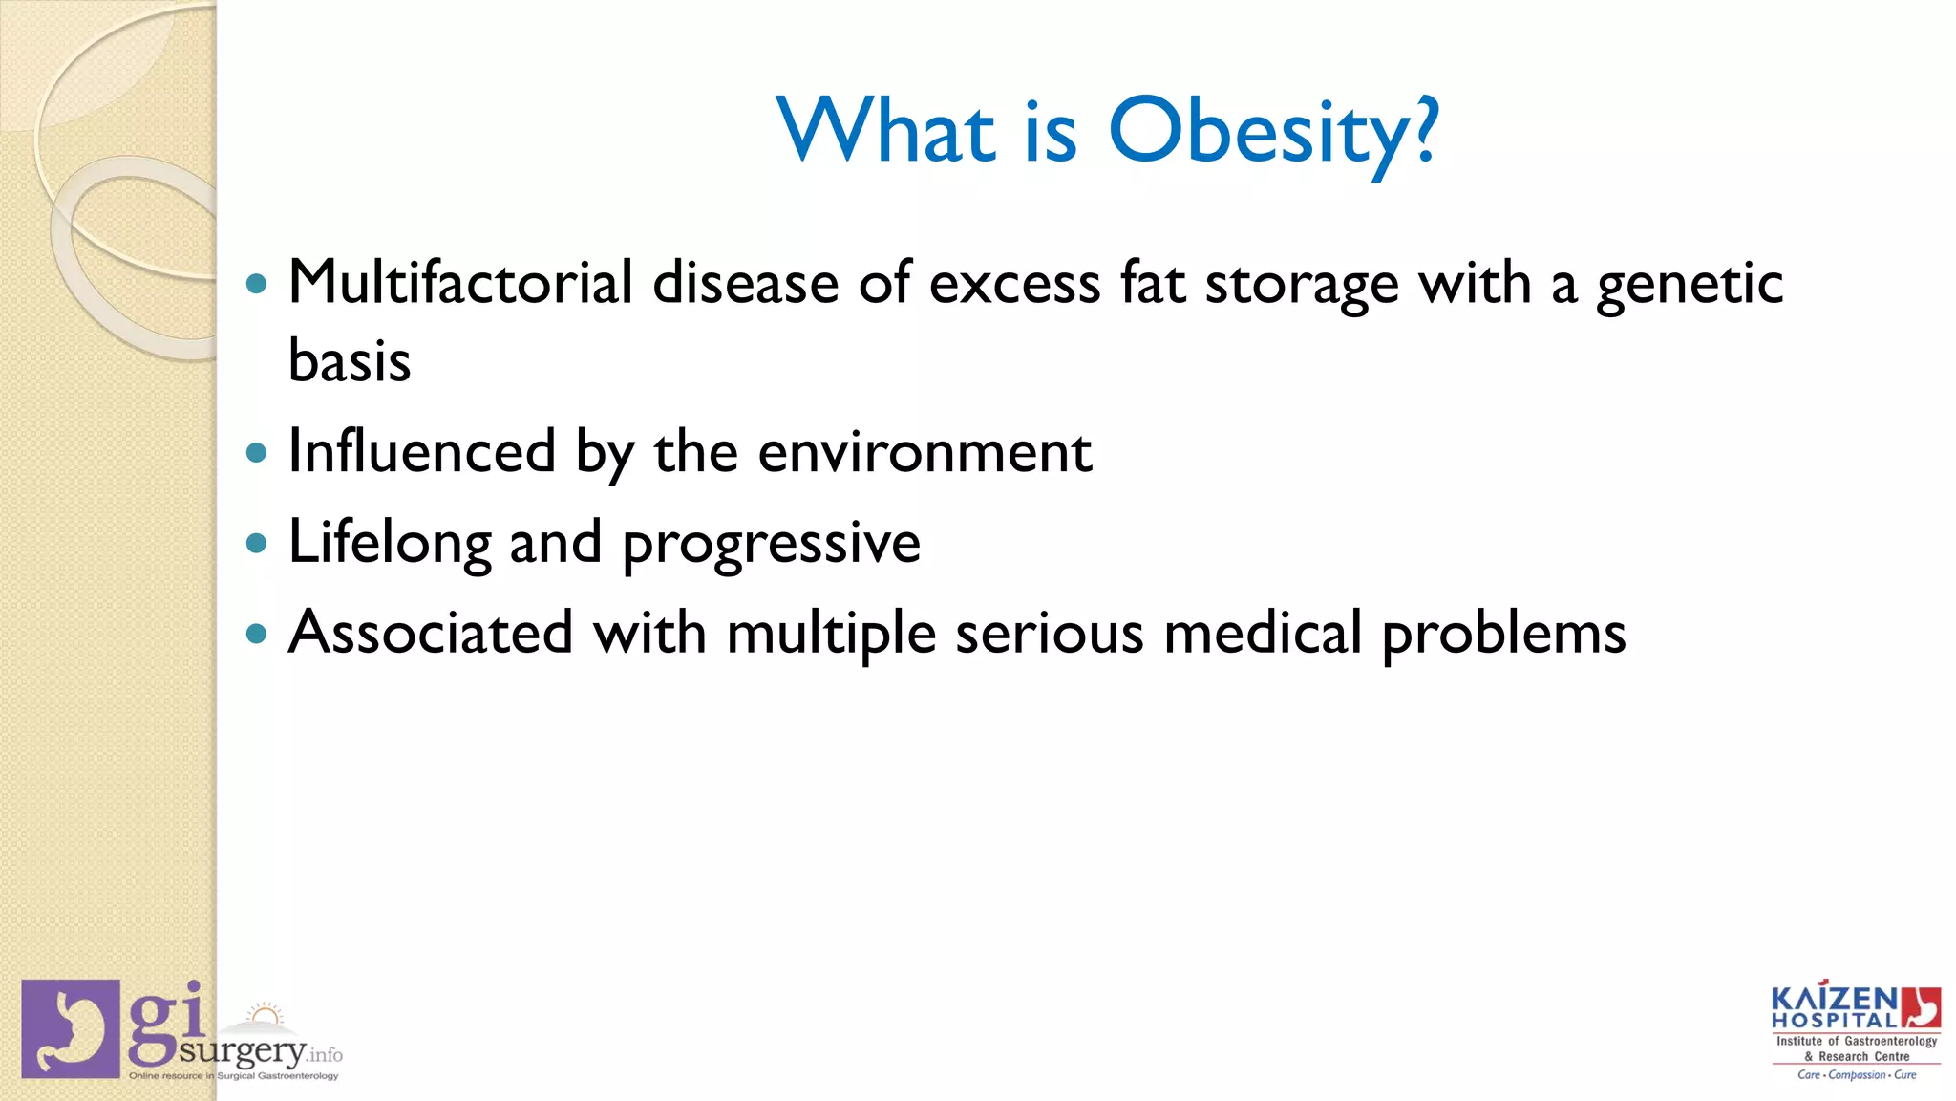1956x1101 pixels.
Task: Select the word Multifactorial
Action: (x=460, y=283)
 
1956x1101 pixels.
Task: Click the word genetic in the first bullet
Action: (x=1690, y=285)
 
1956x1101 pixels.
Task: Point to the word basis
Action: (x=350, y=361)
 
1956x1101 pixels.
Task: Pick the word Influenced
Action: (x=421, y=451)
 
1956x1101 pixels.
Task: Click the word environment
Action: (x=925, y=452)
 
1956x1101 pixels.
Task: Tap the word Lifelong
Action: (x=389, y=543)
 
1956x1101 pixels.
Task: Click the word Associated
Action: (x=431, y=633)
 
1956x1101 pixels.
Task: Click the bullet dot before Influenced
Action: (x=256, y=452)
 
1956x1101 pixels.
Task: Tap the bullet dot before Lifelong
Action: (x=256, y=543)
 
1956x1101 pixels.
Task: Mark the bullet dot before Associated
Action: (x=256, y=633)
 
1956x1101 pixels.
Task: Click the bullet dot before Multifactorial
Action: (x=256, y=284)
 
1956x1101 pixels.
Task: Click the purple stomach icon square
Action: (x=71, y=1028)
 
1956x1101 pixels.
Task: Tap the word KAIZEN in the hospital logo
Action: (x=1834, y=999)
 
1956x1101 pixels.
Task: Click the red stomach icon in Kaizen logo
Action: (x=1921, y=1007)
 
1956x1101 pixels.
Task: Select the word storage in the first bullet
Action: (x=1302, y=285)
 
